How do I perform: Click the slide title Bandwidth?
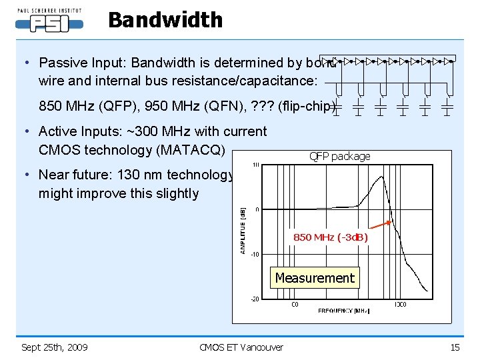click(x=165, y=20)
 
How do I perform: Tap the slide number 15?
click(x=455, y=347)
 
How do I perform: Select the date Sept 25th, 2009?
click(x=54, y=347)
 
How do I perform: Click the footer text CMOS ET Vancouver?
click(x=241, y=347)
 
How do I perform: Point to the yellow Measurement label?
click(x=315, y=278)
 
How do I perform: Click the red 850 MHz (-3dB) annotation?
click(x=330, y=237)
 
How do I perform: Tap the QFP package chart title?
click(x=339, y=157)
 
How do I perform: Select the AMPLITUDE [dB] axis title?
click(x=243, y=229)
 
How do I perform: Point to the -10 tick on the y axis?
click(x=255, y=254)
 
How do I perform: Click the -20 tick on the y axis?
click(x=255, y=299)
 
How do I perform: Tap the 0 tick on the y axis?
click(x=257, y=209)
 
